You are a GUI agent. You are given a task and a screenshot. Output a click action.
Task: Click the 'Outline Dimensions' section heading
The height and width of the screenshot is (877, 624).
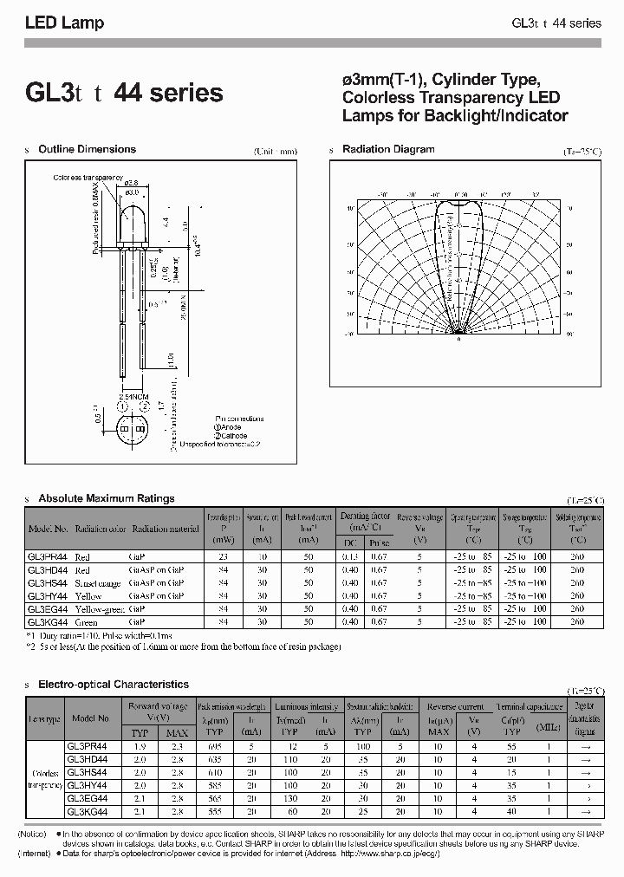(87, 149)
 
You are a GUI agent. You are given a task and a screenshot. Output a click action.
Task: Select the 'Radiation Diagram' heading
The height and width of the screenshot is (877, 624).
(388, 149)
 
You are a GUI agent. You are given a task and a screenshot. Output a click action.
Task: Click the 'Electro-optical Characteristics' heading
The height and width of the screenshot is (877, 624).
(114, 684)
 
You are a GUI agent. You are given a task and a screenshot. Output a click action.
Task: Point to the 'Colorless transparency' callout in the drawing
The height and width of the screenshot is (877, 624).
(88, 177)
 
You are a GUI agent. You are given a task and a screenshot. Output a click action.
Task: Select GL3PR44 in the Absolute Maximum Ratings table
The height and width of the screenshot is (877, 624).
(49, 556)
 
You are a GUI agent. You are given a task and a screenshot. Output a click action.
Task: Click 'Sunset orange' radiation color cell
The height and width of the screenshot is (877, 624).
(98, 583)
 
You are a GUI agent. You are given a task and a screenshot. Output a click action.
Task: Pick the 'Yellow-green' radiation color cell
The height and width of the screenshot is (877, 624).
(101, 609)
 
